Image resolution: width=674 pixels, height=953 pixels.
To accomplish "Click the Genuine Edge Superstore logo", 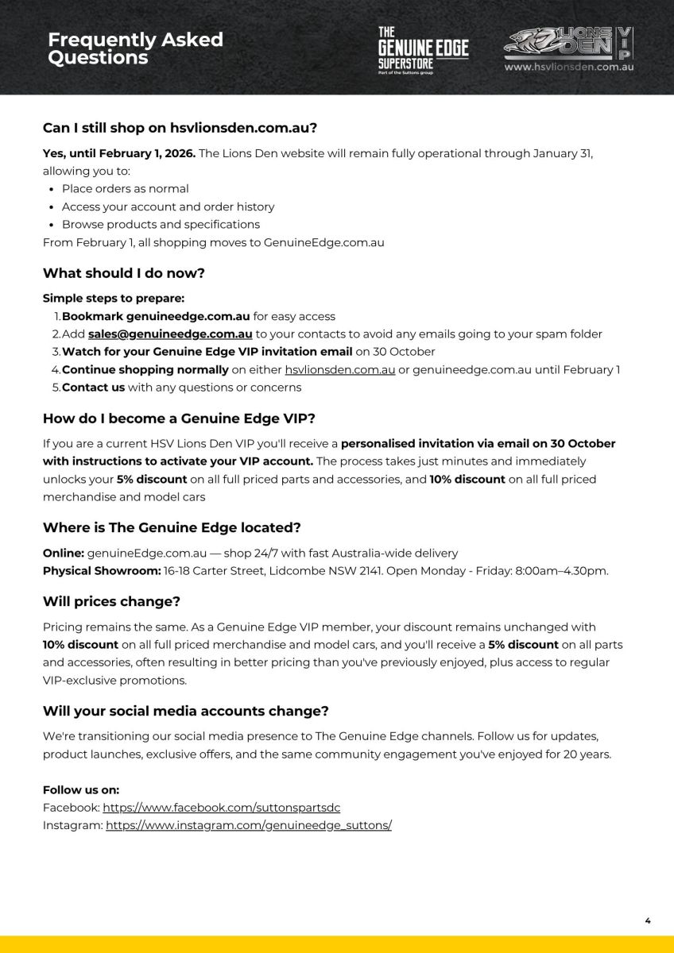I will pos(422,49).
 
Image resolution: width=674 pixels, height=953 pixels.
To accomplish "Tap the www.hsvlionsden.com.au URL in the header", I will pos(568,68).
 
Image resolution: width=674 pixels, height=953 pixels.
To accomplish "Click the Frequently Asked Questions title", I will pos(135,48).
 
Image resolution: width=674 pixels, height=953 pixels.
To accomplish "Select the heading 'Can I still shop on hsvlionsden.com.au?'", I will pos(180,127).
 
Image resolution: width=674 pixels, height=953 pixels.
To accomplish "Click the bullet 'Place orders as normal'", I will pos(125,189).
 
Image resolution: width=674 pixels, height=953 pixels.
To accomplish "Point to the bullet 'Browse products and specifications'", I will pos(161,224).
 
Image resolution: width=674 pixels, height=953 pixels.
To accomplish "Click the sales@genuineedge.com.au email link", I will pos(170,334).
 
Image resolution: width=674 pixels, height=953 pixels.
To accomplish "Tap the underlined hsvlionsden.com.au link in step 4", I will pos(339,369).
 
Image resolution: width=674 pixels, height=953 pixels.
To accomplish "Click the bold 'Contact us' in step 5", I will pos(93,388).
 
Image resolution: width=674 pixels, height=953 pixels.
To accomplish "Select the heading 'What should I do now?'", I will pos(124,273).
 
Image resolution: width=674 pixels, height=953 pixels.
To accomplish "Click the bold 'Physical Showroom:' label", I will pos(102,571).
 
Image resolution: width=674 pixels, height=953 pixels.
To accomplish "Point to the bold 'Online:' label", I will pos(63,553).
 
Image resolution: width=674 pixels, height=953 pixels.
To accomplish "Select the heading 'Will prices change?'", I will pos(111,602).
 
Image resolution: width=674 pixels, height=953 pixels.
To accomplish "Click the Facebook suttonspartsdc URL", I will pos(221,808).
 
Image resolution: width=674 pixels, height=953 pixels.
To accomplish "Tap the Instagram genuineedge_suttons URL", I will pos(248,826).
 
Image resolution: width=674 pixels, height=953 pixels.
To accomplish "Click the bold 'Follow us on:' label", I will pos(81,790).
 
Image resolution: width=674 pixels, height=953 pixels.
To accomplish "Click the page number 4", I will pos(647,920).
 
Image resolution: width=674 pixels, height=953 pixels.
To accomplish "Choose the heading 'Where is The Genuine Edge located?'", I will pos(172,528).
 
